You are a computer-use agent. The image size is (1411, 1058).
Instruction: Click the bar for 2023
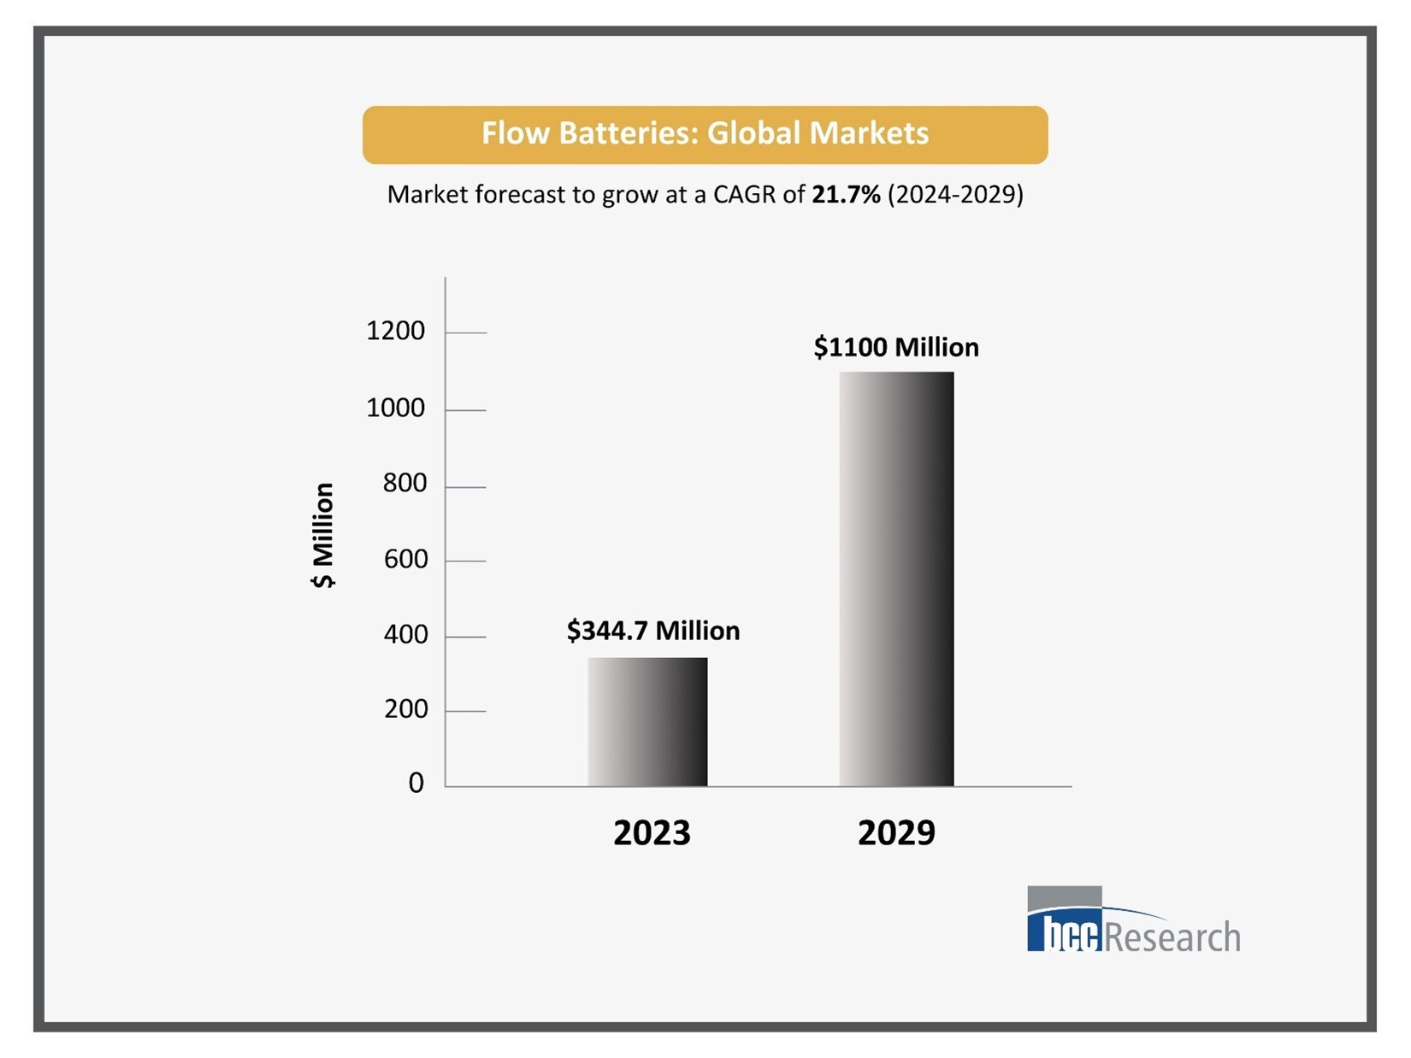click(x=647, y=721)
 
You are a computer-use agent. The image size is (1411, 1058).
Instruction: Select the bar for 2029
click(x=896, y=579)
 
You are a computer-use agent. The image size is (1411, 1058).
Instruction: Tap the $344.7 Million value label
click(x=653, y=631)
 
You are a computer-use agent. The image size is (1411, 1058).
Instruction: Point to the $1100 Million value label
click(x=896, y=347)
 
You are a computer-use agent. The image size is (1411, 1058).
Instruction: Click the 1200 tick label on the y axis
click(x=395, y=331)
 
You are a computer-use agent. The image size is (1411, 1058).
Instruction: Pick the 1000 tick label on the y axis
click(x=395, y=409)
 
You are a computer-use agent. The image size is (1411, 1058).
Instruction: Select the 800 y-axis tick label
click(x=404, y=484)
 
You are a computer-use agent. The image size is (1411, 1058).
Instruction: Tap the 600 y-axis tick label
click(x=404, y=560)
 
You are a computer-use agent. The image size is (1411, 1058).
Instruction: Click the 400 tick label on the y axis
click(x=404, y=635)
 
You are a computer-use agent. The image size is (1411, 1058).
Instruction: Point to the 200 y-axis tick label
click(x=404, y=709)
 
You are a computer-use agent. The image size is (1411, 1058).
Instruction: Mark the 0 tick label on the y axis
click(x=416, y=783)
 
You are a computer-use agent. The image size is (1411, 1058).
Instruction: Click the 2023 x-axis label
click(x=652, y=832)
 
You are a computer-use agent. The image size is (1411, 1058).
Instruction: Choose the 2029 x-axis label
click(x=896, y=832)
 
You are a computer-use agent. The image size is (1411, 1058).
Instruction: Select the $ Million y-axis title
click(x=323, y=536)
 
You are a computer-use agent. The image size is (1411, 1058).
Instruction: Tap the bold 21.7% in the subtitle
click(x=846, y=195)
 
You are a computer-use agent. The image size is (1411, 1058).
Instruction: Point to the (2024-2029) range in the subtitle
click(x=955, y=195)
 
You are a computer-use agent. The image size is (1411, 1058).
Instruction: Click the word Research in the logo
click(x=1172, y=937)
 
